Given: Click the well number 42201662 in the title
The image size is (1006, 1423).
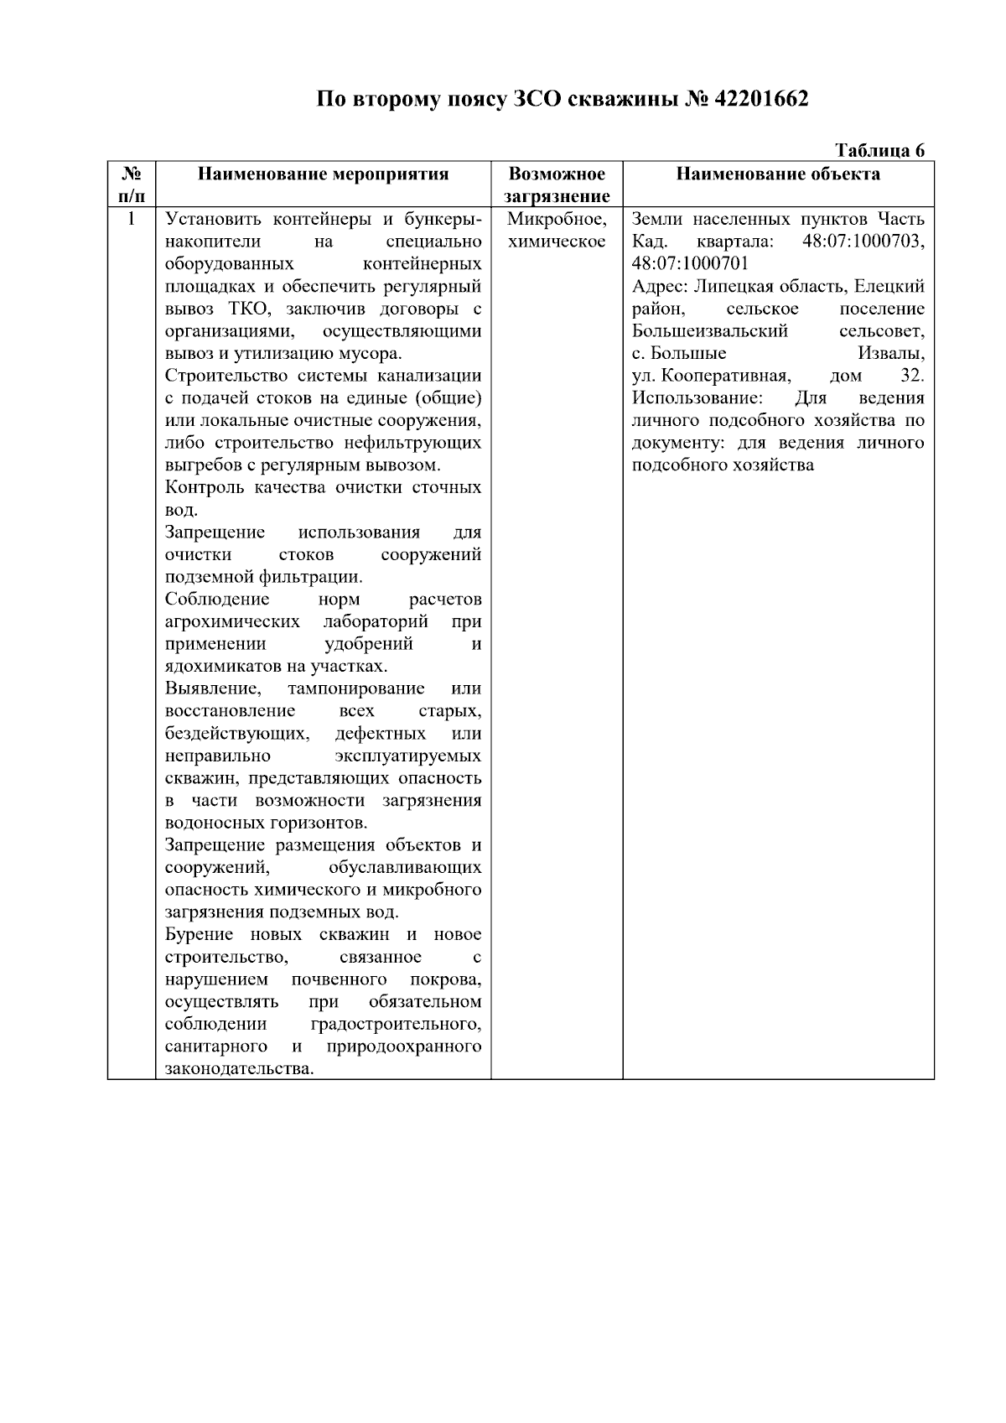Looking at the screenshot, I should [x=761, y=100].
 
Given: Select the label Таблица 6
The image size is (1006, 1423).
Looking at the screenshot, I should [x=879, y=150].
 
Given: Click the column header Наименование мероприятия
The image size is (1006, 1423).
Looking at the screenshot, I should [x=323, y=174].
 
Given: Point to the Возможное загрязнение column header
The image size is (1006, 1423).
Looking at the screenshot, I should [x=557, y=185].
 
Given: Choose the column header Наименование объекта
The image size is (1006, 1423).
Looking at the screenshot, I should [x=778, y=174].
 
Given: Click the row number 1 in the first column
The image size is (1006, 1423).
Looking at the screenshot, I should [x=131, y=220].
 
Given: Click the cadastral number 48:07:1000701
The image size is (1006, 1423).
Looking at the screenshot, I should [x=690, y=264].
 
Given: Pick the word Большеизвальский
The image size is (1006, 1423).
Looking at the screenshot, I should [x=710, y=331].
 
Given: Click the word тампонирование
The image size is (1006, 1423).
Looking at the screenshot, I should [x=355, y=689].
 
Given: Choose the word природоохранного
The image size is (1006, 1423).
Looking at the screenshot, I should [x=403, y=1046].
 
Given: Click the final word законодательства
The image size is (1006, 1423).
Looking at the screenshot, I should [x=239, y=1069].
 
